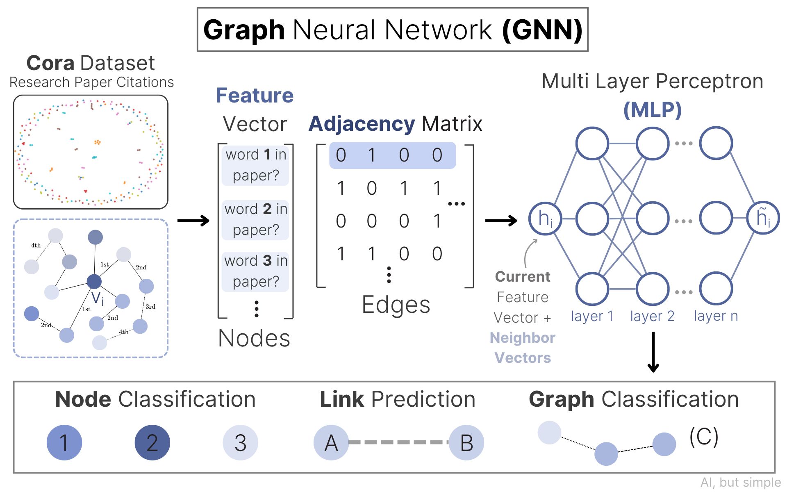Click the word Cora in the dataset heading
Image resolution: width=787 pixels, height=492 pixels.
[x=50, y=64]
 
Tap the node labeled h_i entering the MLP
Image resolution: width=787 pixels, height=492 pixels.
[x=545, y=219]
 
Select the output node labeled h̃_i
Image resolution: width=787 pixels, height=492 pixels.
[x=763, y=218]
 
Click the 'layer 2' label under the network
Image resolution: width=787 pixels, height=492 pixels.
[x=652, y=316]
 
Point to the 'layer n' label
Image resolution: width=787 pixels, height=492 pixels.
[x=716, y=316]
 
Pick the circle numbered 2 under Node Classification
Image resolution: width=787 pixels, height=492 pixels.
[x=152, y=443]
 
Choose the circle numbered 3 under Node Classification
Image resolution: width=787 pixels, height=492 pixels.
[x=240, y=443]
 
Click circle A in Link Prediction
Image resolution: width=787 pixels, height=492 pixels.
[x=331, y=443]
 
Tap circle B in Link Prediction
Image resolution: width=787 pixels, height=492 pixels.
[x=466, y=443]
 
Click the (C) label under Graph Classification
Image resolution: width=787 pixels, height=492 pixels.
[x=704, y=437]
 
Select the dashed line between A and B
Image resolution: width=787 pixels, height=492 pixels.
[x=398, y=442]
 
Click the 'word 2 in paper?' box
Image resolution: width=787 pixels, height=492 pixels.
[x=255, y=220]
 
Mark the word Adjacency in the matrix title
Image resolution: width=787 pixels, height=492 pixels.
[x=362, y=124]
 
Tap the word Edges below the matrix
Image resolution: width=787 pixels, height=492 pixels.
[x=396, y=305]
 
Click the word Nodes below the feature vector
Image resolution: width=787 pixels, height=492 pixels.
[x=254, y=338]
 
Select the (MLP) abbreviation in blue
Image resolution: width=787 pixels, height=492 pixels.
[x=652, y=110]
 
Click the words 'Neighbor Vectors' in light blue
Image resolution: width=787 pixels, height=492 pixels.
[x=523, y=348]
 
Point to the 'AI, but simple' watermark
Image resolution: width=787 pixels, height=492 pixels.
[x=740, y=483]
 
